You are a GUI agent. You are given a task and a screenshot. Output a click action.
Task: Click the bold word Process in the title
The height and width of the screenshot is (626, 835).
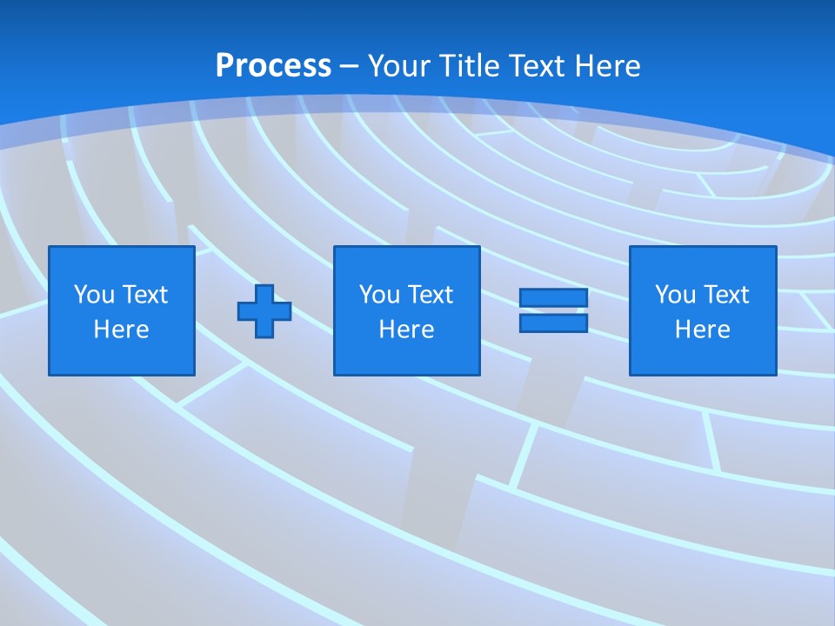[x=273, y=66]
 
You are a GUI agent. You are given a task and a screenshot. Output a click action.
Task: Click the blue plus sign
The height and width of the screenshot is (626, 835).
[x=264, y=311]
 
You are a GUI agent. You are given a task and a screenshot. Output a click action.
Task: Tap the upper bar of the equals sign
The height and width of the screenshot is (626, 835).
[x=553, y=298]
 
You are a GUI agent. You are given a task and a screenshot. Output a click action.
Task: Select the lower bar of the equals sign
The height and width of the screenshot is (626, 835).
[x=553, y=323]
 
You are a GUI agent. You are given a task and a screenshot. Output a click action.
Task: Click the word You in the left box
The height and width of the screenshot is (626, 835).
[x=94, y=295]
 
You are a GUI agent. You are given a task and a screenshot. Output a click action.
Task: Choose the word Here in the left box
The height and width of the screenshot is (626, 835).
[x=121, y=330]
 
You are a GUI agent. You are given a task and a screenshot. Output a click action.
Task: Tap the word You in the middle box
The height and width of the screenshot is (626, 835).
[x=379, y=295]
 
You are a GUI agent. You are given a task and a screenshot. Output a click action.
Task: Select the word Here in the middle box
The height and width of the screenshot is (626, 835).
[x=406, y=330]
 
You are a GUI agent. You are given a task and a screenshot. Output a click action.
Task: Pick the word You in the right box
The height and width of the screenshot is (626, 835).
[x=675, y=295]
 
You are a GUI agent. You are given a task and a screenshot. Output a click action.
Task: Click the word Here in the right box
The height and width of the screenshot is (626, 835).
[x=702, y=330]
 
